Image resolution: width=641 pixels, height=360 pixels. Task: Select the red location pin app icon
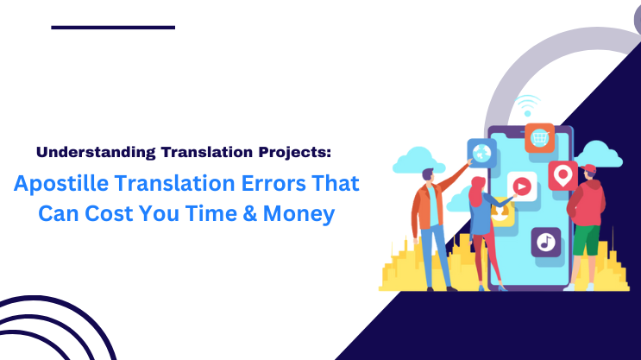(x=562, y=175)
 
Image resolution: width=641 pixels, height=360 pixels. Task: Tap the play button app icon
(x=522, y=185)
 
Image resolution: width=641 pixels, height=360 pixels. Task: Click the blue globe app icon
(x=480, y=153)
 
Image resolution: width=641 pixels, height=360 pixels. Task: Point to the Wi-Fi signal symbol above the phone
(x=528, y=106)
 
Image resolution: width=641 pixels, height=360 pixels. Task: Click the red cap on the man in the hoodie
(x=591, y=169)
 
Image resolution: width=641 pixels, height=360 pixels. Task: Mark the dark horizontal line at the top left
(x=113, y=28)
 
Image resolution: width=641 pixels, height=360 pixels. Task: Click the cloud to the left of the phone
(x=416, y=161)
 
